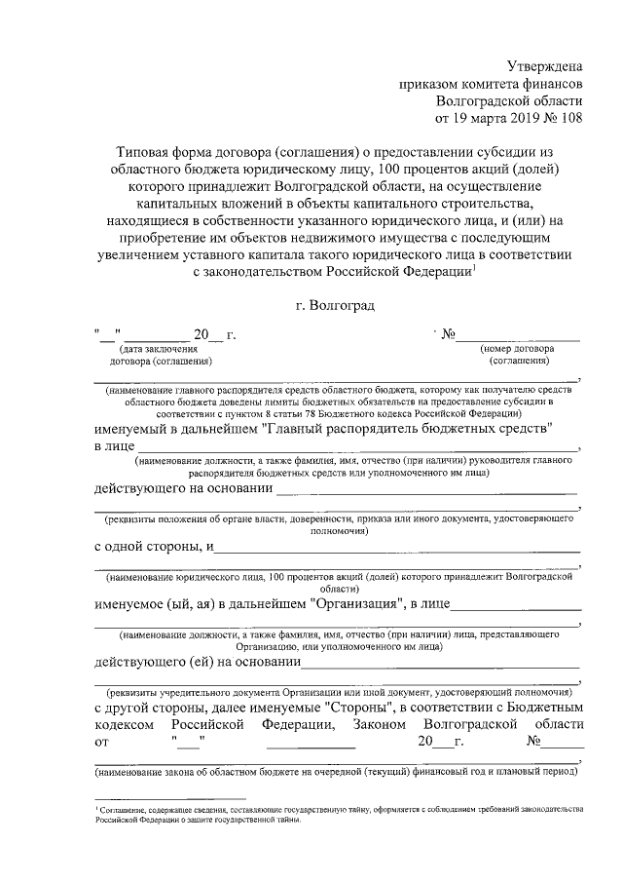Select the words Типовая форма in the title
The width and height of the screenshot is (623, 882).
pyautogui.click(x=161, y=153)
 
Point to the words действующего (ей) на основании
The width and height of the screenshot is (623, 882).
pyautogui.click(x=196, y=663)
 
